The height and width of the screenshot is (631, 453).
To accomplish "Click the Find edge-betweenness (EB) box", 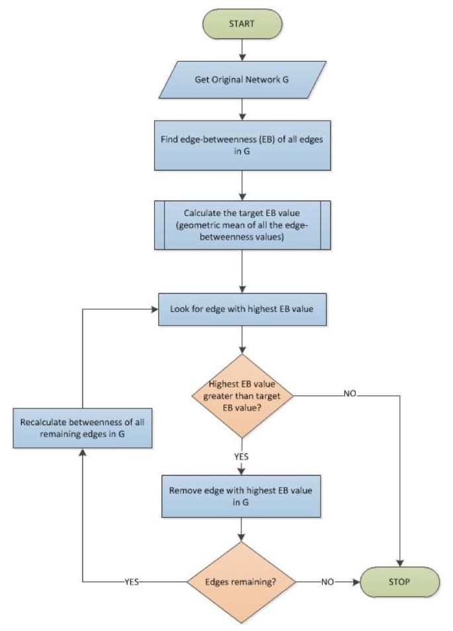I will (x=245, y=144).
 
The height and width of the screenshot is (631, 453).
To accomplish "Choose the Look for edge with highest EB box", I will (x=245, y=308).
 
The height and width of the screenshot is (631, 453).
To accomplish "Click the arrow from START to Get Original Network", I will (x=245, y=49).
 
